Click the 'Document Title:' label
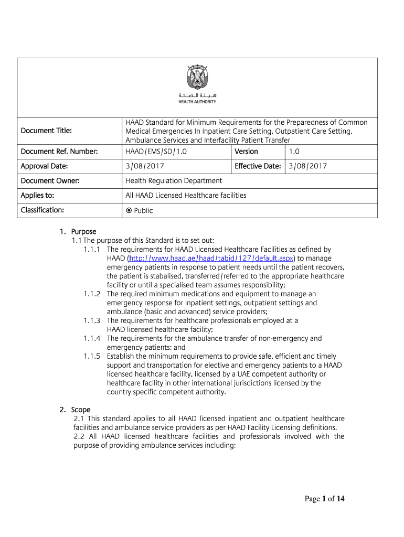tap(46, 130)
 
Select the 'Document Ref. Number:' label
tap(59, 152)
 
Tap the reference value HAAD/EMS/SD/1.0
tap(156, 152)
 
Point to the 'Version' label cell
tap(246, 152)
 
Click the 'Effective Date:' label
tap(258, 166)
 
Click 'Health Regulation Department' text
tap(174, 181)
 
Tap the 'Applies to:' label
tap(37, 196)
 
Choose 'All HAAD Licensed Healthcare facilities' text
tap(186, 196)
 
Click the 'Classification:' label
tap(42, 210)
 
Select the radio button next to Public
tap(129, 211)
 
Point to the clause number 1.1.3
tap(92, 320)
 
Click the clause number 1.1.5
tap(92, 356)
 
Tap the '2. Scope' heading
tap(75, 410)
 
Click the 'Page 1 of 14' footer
tap(325, 499)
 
